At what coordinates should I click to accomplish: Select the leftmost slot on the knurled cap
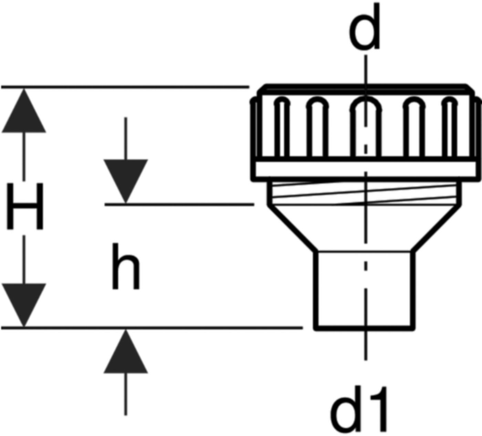point(282,129)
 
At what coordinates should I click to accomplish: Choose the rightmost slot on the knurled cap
point(450,129)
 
